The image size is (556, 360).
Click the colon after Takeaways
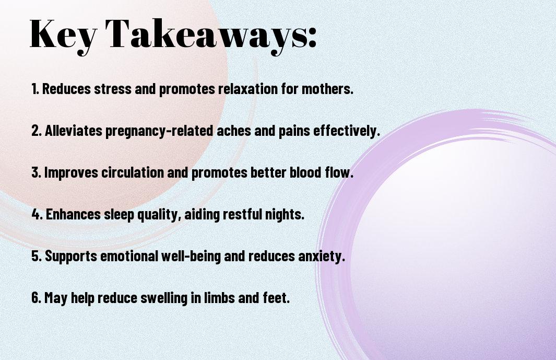(x=312, y=38)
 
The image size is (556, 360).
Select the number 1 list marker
(x=35, y=89)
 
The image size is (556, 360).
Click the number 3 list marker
(x=36, y=172)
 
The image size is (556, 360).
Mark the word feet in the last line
(x=276, y=297)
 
